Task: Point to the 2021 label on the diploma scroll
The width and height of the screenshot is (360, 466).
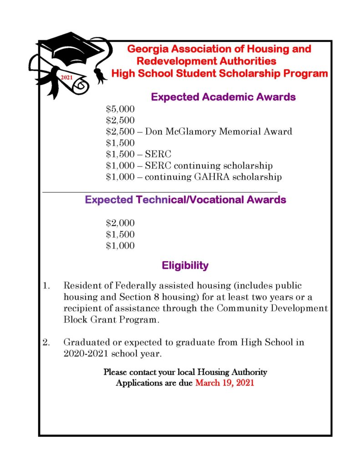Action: pos(67,78)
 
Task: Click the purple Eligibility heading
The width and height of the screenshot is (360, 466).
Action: pos(185,265)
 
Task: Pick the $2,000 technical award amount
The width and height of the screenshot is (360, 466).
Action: pos(120,223)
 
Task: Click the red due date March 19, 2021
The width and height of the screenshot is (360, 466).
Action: pos(225,383)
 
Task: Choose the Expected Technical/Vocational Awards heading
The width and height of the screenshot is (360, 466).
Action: pos(185,200)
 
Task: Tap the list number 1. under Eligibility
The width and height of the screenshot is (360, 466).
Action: pos(46,286)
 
